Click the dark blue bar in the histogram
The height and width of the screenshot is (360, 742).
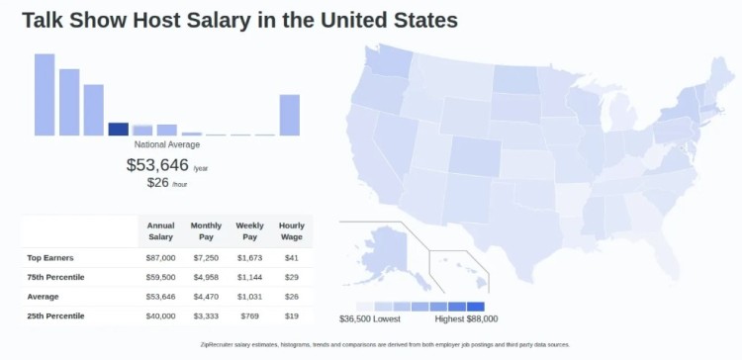118,129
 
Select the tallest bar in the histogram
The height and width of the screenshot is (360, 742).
45,94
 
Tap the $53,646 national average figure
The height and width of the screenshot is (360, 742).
157,164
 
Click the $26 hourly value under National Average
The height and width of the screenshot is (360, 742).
157,182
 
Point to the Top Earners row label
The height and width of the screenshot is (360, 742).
47,257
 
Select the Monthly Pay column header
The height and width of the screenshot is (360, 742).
206,231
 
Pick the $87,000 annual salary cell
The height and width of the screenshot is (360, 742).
160,257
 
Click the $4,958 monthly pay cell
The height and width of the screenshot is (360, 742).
206,277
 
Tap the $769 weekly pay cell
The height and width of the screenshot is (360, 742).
249,315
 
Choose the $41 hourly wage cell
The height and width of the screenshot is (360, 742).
291,257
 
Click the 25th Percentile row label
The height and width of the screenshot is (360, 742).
55,315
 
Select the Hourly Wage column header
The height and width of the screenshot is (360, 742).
292,231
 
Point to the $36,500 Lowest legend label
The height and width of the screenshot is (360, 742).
370,318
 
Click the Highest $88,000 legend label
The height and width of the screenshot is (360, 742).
466,318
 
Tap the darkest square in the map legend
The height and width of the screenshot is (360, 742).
476,306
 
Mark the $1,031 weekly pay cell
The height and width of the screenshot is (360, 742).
249,297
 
